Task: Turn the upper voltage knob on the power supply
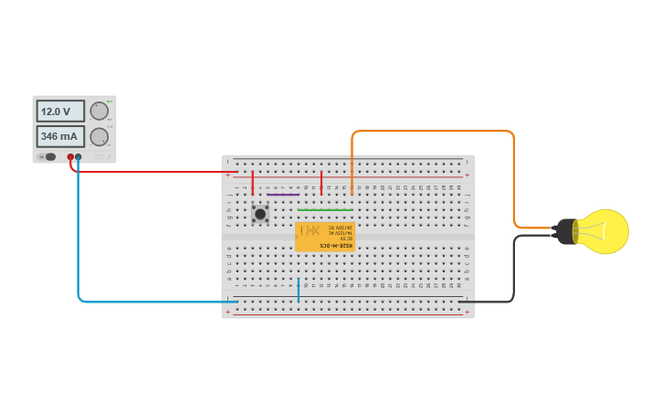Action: (99, 111)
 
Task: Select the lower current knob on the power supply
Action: (99, 137)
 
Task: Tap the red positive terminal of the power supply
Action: (70, 157)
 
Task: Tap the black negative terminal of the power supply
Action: (79, 157)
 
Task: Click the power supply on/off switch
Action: (48, 157)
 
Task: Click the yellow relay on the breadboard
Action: (325, 238)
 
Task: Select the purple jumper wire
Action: (283, 194)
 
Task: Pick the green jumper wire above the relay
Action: (324, 209)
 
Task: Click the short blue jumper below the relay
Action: (298, 289)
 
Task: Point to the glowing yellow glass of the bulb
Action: (605, 231)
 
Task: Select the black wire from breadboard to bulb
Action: (513, 274)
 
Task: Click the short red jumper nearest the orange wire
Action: (321, 182)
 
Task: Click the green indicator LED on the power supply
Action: (109, 101)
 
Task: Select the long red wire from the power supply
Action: (155, 172)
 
